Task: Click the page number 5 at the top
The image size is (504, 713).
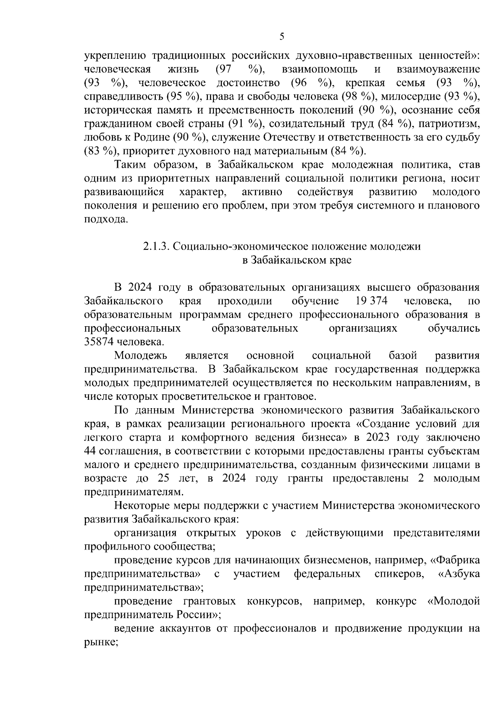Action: [282, 37]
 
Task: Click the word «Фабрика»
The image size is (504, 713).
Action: [455, 560]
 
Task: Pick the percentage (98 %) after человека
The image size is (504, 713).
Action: [355, 96]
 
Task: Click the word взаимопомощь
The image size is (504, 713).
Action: [320, 69]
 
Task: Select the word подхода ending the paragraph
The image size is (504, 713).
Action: [105, 219]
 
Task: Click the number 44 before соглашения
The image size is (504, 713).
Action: [90, 451]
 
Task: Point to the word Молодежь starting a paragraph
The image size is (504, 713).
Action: [141, 356]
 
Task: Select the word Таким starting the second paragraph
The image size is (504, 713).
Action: [131, 164]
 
